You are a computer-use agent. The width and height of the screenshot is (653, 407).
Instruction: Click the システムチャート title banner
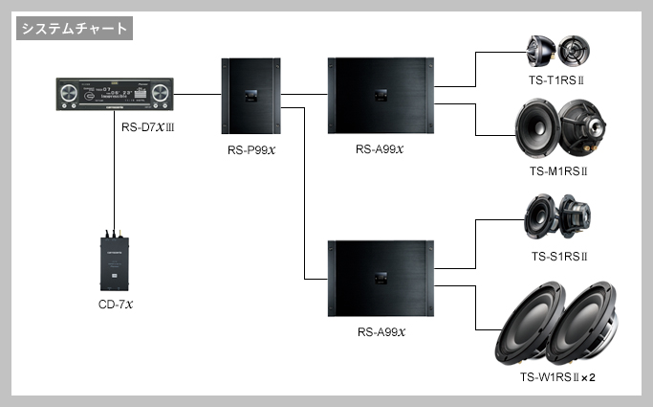point(74,29)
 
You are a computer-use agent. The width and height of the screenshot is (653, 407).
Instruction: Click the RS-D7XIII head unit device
point(114,96)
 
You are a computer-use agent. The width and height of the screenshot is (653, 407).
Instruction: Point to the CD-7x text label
point(114,305)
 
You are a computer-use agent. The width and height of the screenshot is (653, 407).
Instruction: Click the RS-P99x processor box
point(250,96)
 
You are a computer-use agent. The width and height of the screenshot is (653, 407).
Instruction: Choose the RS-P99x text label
point(250,149)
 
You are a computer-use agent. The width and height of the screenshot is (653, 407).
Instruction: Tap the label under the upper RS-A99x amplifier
point(381,149)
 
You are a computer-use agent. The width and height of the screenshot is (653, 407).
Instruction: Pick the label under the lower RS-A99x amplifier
point(381,332)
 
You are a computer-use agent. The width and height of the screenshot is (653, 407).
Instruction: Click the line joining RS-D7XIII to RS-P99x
point(196,95)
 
